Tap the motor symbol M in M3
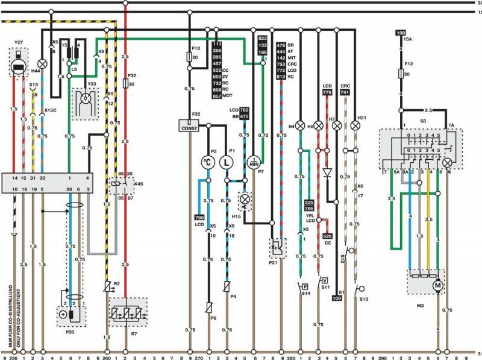438,284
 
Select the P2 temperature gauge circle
208,162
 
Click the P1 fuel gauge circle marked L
227,162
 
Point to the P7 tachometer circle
254,162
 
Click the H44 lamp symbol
43,63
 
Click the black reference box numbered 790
199,217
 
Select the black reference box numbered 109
337,297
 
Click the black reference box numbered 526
327,236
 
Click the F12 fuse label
408,63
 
